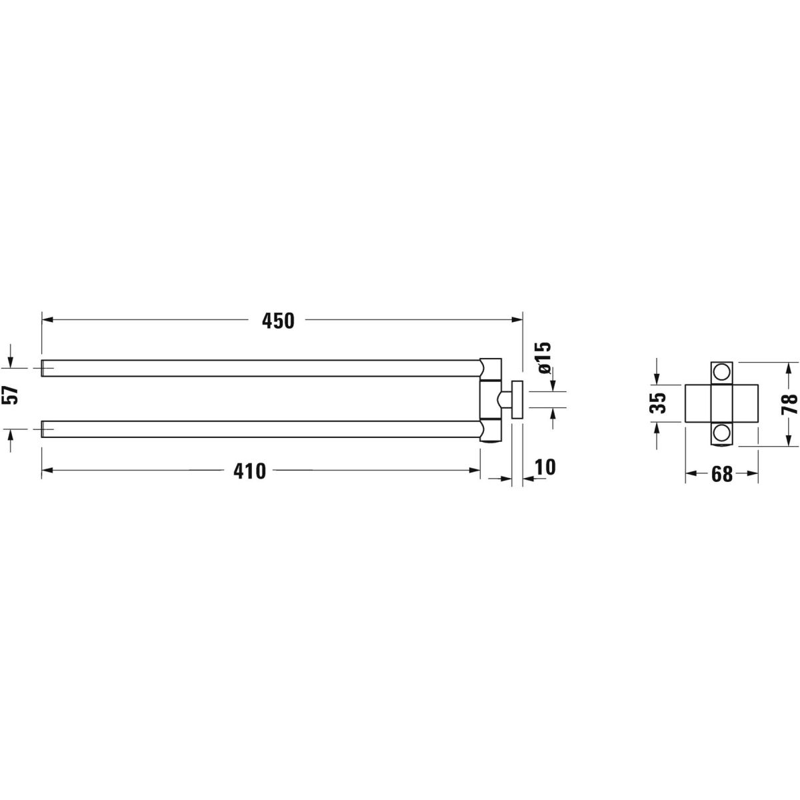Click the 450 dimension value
coord(278,321)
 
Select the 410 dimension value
coord(249,471)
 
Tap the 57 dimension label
coord(10,395)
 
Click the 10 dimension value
coord(545,467)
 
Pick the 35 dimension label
coord(657,403)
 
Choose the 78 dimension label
coord(789,404)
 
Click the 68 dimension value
coord(722,475)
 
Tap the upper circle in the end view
coord(722,371)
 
